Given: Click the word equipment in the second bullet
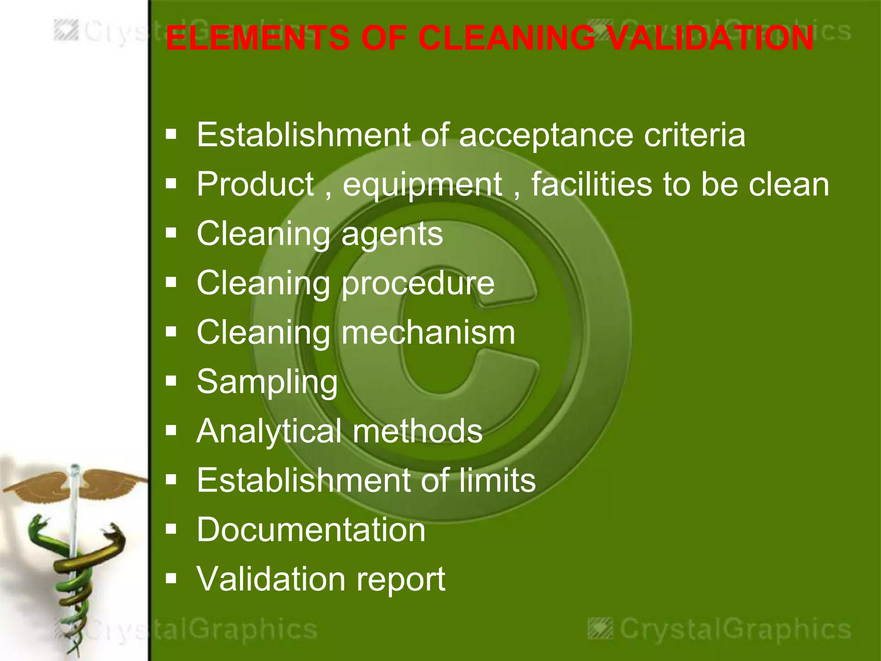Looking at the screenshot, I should click(422, 185).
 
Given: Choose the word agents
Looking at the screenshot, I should click(392, 235).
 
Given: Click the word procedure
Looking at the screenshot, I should click(418, 284).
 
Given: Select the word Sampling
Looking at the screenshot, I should click(267, 383).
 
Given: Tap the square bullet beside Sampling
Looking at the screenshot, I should click(171, 381).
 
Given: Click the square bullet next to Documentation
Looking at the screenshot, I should click(171, 529).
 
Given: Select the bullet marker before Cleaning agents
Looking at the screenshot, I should click(171, 233).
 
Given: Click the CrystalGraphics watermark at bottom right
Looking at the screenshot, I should click(721, 629).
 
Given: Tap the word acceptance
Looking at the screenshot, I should click(546, 136).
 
